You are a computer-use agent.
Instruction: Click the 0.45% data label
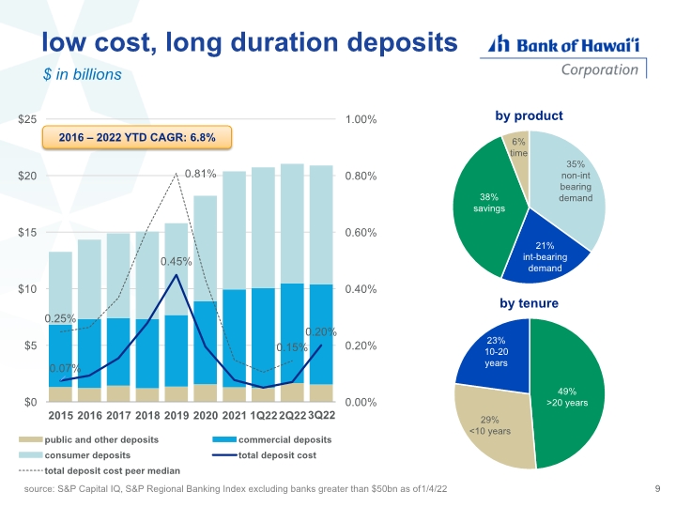177,261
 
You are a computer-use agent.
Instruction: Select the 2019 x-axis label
177,415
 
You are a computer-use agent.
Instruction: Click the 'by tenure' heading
529,303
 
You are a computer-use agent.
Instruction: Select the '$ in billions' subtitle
82,75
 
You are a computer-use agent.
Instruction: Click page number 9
656,489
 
